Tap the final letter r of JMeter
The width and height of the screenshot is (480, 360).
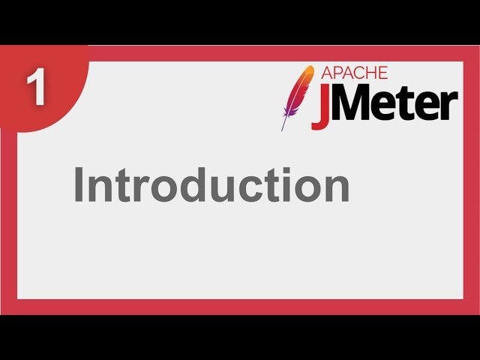pos(448,109)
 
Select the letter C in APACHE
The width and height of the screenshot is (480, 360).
pos(355,73)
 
